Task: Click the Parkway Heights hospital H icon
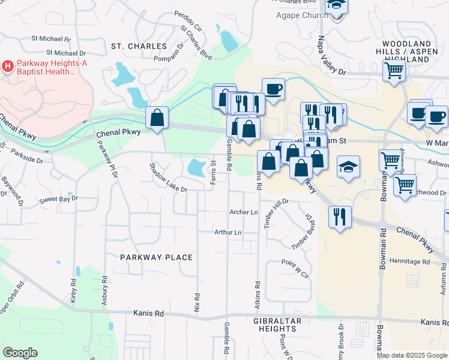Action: pos(8,65)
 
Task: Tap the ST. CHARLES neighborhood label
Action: pos(139,46)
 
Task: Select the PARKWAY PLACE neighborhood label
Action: pos(156,257)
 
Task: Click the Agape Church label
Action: pos(294,15)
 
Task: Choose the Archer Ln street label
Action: pos(244,212)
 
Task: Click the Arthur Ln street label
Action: pos(228,232)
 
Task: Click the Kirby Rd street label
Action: pos(73,290)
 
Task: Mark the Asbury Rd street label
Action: pos(105,290)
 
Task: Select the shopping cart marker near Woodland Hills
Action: pos(394,70)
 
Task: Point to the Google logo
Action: pos(20,353)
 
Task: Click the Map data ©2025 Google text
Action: pos(411,355)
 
